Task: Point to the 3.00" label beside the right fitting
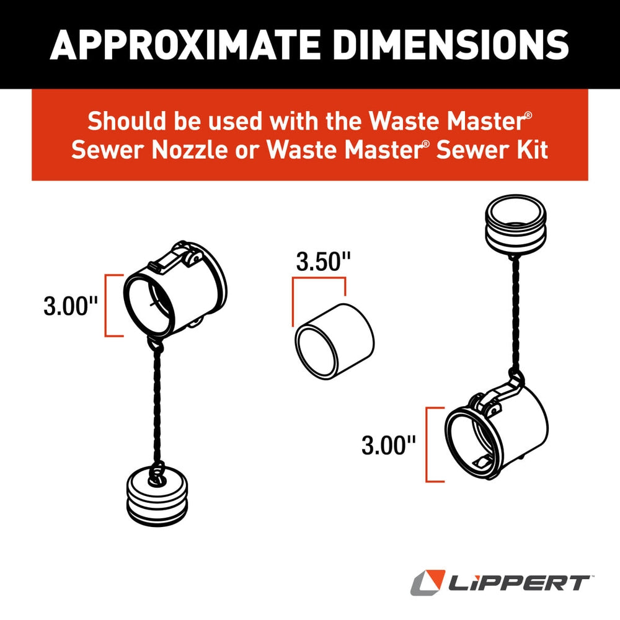(x=389, y=445)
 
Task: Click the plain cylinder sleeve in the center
(x=335, y=342)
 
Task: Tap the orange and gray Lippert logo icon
(x=428, y=583)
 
